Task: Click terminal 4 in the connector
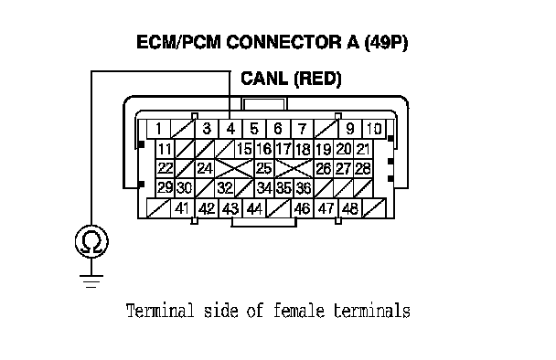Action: click(230, 129)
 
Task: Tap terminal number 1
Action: click(158, 129)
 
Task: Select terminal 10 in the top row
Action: click(374, 129)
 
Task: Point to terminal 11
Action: click(165, 149)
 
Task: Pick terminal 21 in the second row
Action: click(363, 149)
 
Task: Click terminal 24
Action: click(205, 168)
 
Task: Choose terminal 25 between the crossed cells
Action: click(263, 168)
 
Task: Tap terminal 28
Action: click(363, 168)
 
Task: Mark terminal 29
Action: click(165, 188)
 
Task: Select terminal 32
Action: click(224, 188)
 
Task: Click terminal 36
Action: click(304, 188)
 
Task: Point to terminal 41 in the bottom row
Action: click(182, 208)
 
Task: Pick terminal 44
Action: click(254, 208)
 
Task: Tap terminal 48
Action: click(350, 208)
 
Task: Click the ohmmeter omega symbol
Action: click(91, 241)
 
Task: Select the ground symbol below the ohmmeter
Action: click(91, 281)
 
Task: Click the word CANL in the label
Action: click(263, 79)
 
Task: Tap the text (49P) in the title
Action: click(386, 42)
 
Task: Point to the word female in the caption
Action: click(299, 311)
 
